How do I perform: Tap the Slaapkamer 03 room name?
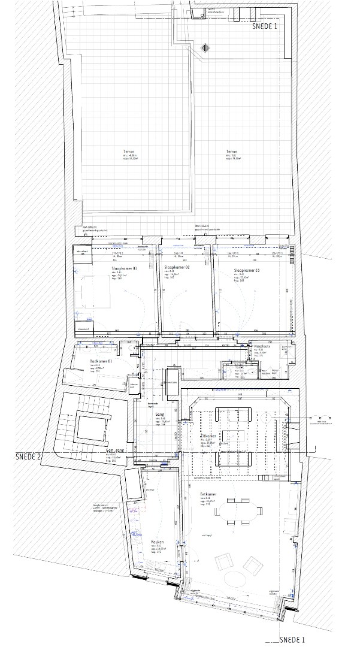(247, 271)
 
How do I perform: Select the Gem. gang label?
(147, 450)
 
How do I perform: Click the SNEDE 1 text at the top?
(265, 26)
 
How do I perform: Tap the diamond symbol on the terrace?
(205, 47)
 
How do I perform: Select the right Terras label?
(232, 152)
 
